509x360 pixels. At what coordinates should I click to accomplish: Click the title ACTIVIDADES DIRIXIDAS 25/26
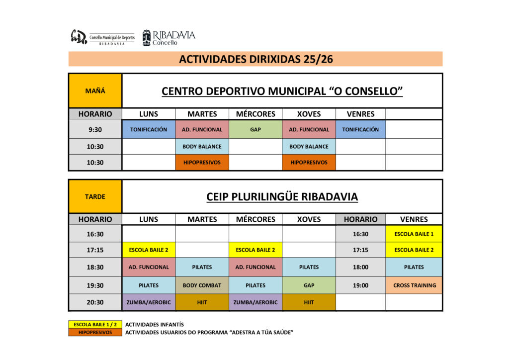(x=255, y=59)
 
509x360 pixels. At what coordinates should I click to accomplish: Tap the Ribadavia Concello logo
(x=169, y=38)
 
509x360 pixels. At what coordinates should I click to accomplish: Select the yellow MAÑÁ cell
(x=95, y=91)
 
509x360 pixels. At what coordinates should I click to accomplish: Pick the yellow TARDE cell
(x=95, y=196)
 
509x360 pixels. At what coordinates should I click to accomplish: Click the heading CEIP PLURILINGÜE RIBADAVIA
(x=282, y=197)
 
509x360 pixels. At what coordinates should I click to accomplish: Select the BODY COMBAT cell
(x=202, y=285)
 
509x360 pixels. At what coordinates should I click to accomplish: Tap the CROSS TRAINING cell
(x=414, y=285)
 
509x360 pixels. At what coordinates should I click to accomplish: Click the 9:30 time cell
(x=95, y=129)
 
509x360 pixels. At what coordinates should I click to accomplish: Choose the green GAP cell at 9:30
(x=255, y=129)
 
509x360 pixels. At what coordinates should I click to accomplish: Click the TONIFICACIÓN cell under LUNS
(x=149, y=129)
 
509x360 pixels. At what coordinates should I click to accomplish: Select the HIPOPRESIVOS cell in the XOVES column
(x=309, y=162)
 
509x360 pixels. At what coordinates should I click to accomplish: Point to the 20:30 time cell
(x=95, y=302)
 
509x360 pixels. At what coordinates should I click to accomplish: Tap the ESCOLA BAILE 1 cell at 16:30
(x=414, y=234)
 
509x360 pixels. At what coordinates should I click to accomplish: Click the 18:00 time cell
(x=360, y=267)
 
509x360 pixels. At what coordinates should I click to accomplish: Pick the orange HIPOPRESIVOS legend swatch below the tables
(x=95, y=332)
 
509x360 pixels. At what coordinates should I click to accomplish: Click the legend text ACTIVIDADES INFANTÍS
(x=154, y=324)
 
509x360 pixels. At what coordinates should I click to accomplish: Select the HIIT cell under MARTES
(x=202, y=302)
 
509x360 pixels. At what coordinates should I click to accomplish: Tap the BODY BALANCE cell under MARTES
(x=202, y=147)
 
